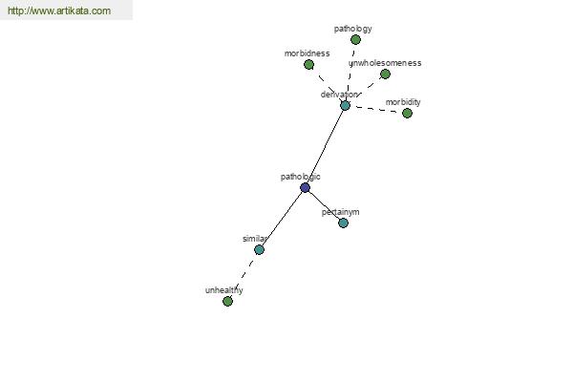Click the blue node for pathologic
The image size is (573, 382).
click(306, 188)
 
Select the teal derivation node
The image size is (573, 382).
click(345, 106)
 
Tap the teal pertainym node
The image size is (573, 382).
click(343, 223)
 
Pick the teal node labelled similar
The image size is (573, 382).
click(259, 249)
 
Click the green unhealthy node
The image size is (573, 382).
click(227, 301)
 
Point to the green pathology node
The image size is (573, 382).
click(355, 39)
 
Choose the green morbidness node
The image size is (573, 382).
click(308, 65)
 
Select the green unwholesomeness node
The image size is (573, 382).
click(385, 74)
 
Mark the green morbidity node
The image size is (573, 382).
click(407, 114)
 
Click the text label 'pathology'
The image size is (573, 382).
click(353, 29)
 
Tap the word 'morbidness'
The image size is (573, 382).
click(307, 53)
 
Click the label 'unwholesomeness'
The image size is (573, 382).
click(385, 63)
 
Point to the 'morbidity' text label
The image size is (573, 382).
click(403, 102)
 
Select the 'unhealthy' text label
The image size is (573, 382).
click(224, 290)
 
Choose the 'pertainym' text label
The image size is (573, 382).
click(341, 212)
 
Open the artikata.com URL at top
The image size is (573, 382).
click(59, 11)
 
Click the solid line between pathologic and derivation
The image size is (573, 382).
click(326, 146)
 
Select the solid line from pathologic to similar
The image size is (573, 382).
click(282, 219)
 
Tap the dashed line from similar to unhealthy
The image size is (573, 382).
click(244, 275)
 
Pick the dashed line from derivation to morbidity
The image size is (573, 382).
click(376, 109)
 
